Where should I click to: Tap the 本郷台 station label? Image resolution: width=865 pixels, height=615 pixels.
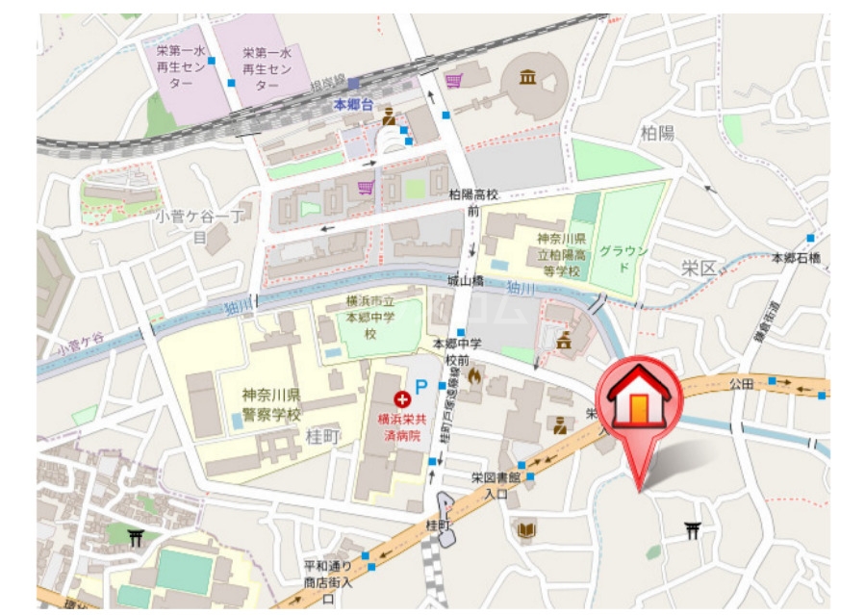[x=352, y=104]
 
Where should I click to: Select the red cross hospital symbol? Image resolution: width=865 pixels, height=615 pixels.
[x=401, y=397]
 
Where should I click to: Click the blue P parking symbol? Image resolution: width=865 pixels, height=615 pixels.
[x=421, y=386]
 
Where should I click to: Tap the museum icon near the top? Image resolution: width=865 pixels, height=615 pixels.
[x=527, y=77]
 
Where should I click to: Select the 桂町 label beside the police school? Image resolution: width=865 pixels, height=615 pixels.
[x=323, y=436]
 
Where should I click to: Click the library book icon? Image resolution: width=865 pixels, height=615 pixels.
[x=526, y=529]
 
